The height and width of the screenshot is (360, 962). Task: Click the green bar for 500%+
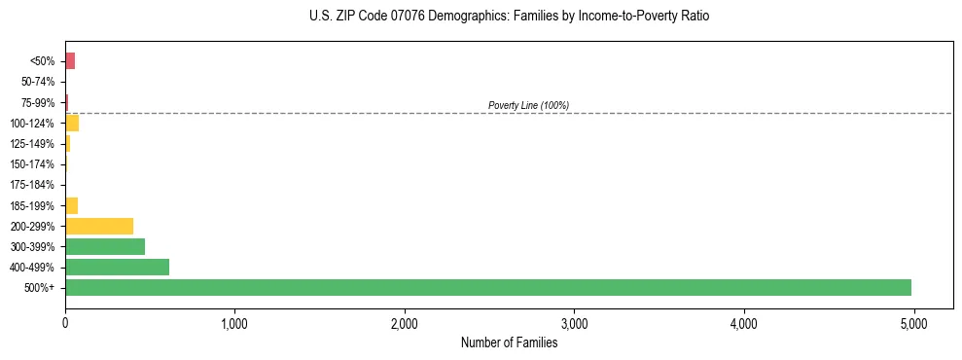(x=487, y=287)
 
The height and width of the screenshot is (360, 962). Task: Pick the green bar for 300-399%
(x=105, y=246)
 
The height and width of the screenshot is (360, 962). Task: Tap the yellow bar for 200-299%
(x=99, y=226)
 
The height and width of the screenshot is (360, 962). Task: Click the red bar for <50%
(x=70, y=61)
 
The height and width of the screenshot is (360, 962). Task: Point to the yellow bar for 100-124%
(x=72, y=124)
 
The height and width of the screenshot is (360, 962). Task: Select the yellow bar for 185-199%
(x=71, y=205)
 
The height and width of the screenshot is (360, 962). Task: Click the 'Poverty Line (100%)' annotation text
(x=528, y=105)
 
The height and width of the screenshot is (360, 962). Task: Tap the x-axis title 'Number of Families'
(x=509, y=342)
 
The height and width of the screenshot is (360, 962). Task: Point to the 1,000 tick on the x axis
(x=234, y=323)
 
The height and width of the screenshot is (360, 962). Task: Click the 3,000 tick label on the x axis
(x=574, y=323)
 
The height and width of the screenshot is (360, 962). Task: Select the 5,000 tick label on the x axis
(x=913, y=323)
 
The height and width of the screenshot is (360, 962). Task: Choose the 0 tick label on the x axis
(x=65, y=323)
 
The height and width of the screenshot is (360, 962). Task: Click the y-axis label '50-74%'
(x=37, y=82)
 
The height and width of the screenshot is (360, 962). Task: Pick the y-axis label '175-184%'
(x=34, y=185)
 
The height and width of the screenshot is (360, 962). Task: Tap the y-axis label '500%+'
(x=41, y=288)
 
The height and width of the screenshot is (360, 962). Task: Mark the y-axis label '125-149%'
(x=34, y=144)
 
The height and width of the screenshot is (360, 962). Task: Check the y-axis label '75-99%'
(x=37, y=103)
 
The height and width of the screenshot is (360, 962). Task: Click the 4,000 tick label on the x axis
(x=744, y=323)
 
